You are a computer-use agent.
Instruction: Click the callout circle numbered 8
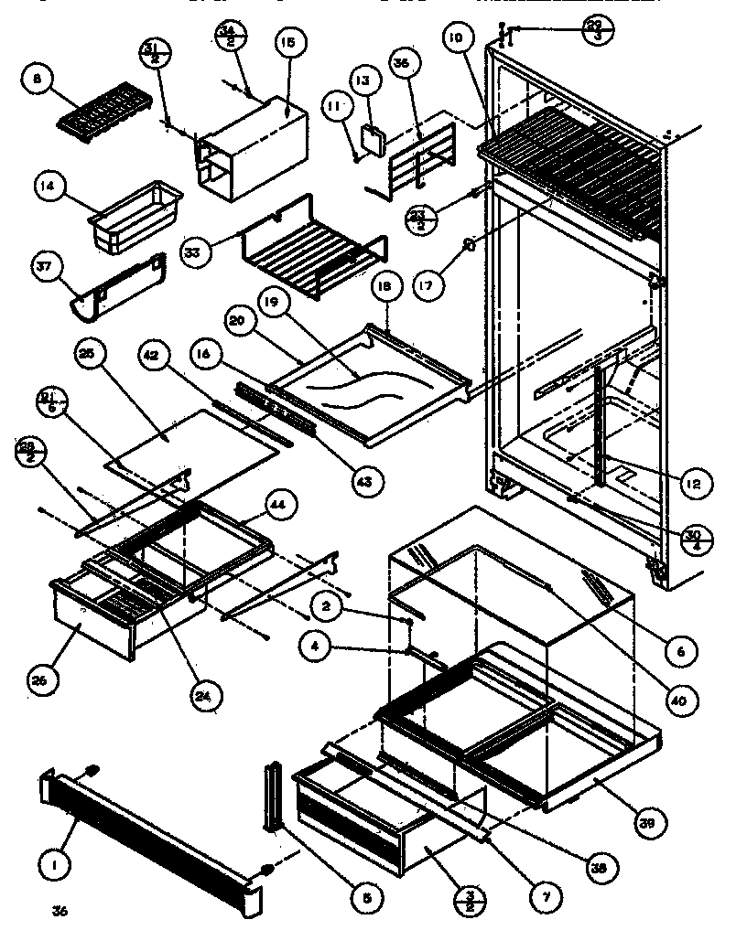click(36, 81)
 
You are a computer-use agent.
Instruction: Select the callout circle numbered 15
click(288, 44)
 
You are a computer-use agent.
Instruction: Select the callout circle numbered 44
click(278, 504)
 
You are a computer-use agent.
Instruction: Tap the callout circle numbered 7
click(546, 897)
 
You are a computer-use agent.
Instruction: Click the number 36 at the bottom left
click(60, 911)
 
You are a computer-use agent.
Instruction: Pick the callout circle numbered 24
click(207, 694)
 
